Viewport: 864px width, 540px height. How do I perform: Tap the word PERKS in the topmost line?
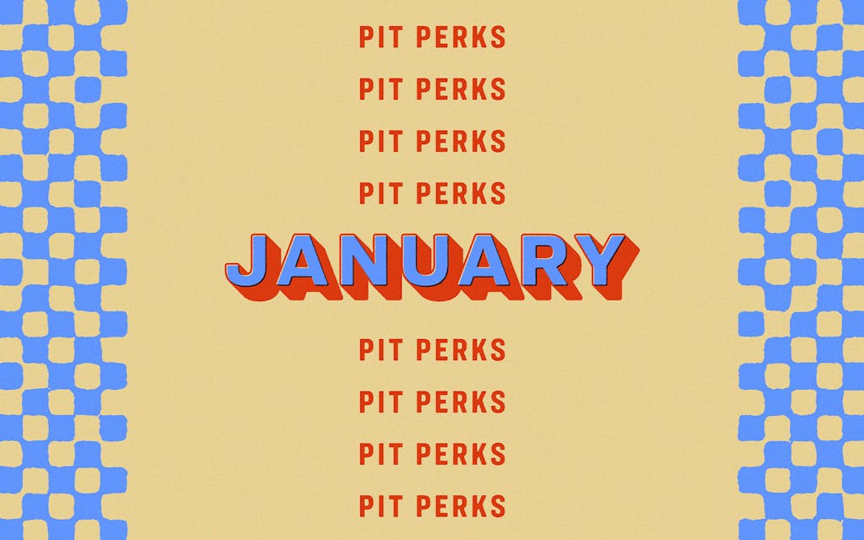pos(461,37)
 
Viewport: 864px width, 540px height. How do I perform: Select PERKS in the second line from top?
pos(461,89)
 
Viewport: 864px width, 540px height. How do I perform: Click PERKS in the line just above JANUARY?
pos(461,193)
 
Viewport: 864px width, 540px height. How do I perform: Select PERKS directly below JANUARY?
pos(461,349)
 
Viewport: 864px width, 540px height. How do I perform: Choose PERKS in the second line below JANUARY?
pos(461,402)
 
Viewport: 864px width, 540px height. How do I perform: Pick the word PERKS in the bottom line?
pos(461,506)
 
